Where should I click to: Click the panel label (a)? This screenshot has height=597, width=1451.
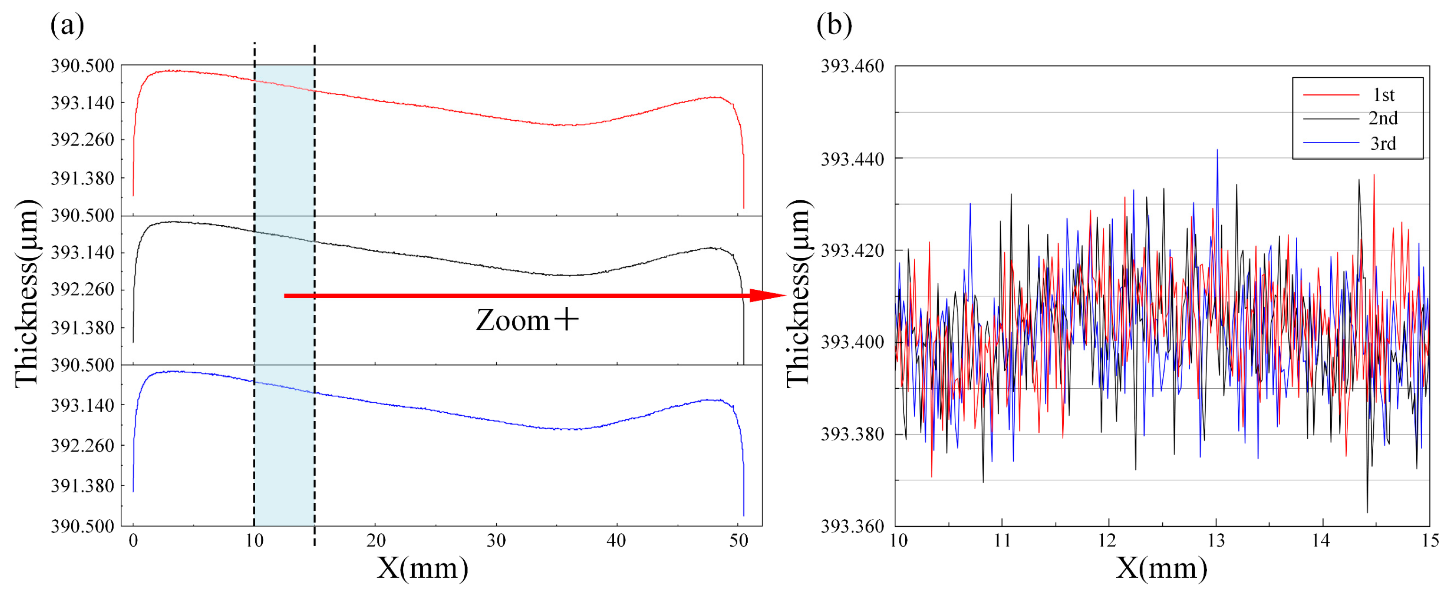pyautogui.click(x=67, y=25)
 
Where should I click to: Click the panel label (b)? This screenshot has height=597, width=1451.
pyautogui.click(x=834, y=25)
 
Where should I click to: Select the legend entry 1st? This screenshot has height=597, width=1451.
pyautogui.click(x=1384, y=95)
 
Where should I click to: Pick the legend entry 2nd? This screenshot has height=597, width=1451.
pyautogui.click(x=1384, y=119)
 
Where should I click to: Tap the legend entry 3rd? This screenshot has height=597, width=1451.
pyautogui.click(x=1384, y=144)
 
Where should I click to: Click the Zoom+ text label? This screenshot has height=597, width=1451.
pyautogui.click(x=526, y=320)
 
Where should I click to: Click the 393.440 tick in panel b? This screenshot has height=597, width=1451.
pyautogui.click(x=852, y=159)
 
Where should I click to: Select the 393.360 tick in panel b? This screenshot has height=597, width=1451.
pyautogui.click(x=852, y=526)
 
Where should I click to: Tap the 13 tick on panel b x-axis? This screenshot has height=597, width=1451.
pyautogui.click(x=1216, y=541)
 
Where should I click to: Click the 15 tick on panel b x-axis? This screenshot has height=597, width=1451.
pyautogui.click(x=1430, y=541)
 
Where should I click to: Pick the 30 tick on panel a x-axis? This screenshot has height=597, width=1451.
pyautogui.click(x=496, y=541)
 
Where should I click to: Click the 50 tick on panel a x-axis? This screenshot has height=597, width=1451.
pyautogui.click(x=738, y=541)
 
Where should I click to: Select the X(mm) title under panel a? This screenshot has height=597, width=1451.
pyautogui.click(x=423, y=568)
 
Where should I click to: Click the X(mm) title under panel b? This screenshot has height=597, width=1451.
pyautogui.click(x=1161, y=568)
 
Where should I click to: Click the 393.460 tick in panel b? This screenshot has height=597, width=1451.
pyautogui.click(x=852, y=66)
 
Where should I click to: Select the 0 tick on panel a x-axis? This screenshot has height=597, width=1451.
pyautogui.click(x=133, y=541)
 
